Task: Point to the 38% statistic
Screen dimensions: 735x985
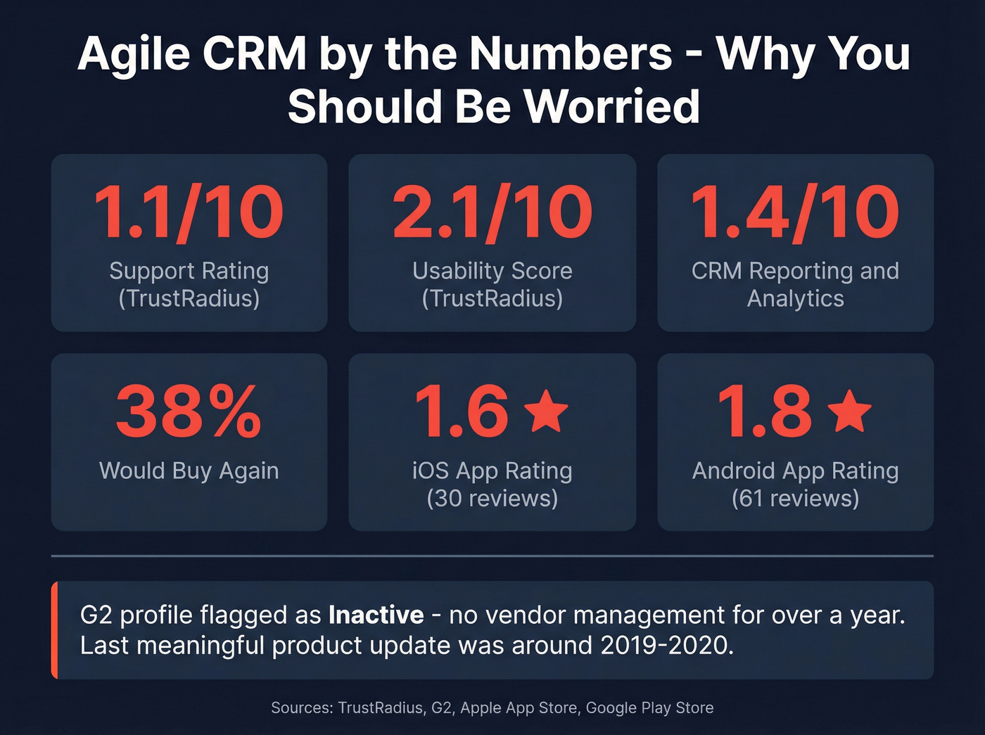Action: click(189, 412)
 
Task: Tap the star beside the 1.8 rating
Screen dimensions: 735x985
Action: click(851, 411)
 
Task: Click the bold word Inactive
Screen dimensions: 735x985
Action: click(376, 615)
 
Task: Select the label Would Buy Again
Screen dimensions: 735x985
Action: click(189, 471)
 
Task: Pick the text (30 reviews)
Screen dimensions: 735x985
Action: click(492, 499)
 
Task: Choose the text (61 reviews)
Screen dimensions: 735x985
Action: click(795, 499)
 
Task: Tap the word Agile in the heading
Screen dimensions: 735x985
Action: click(134, 53)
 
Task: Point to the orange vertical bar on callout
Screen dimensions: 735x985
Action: click(54, 630)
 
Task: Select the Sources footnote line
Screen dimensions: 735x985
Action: click(492, 708)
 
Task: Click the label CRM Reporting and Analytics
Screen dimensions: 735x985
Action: click(795, 284)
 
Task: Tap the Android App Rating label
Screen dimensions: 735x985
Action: click(795, 471)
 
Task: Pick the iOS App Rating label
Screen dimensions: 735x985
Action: click(492, 471)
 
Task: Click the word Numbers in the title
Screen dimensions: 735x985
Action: click(571, 53)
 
